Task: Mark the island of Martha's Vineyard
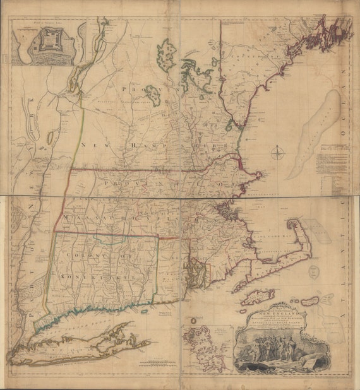(x=258, y=295)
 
